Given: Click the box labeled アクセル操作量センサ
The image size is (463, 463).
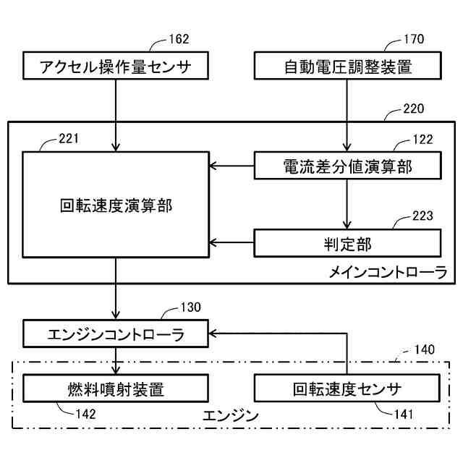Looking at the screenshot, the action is pos(116,66).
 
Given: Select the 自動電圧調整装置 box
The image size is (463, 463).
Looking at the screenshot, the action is pos(347,66).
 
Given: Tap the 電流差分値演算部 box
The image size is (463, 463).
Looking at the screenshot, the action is pos(347,166).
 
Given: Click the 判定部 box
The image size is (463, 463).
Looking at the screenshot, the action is pos(347,243).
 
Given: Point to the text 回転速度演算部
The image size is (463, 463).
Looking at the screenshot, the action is pos(116,205).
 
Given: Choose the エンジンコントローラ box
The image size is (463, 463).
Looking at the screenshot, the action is pos(116,334).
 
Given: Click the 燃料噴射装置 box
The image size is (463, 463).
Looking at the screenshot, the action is pos(116,388).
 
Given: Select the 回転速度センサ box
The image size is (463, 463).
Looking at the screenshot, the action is pos(347,388).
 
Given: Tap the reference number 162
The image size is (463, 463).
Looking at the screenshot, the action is pos(179,39).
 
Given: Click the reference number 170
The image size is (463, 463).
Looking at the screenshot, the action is pos(414,39).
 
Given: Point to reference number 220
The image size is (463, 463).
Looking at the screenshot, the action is pos(414,109).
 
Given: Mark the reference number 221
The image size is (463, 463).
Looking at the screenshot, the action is pos(69,138).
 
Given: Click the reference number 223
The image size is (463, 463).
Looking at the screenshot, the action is pos(422,216).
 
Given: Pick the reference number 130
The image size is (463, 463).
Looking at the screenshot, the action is pos(191,307).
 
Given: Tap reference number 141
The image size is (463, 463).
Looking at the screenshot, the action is pos(404,415).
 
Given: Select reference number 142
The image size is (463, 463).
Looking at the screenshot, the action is pos(86,415).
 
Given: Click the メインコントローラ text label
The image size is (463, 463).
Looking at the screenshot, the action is pos(388,272).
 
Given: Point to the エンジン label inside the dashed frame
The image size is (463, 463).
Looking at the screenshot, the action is pos(231,416).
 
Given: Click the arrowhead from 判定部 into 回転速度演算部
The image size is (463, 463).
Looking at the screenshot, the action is pos(213,243).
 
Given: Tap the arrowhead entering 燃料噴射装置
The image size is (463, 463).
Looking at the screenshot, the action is pos(116,370).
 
